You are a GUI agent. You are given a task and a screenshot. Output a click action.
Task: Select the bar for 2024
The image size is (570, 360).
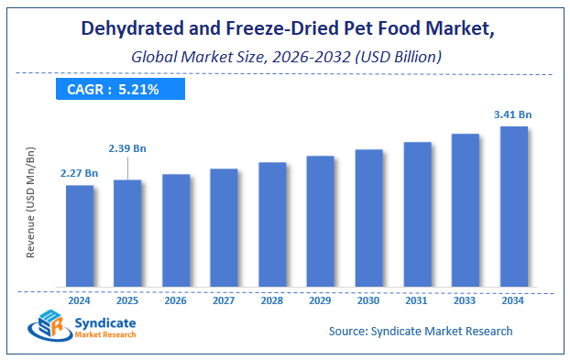click(x=80, y=235)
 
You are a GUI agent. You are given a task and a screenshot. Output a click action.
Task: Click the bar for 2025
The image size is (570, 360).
click(x=127, y=233)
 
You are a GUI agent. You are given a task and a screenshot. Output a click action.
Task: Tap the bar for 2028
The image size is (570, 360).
click(x=272, y=224)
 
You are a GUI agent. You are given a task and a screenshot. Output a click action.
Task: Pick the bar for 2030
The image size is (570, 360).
click(x=368, y=217)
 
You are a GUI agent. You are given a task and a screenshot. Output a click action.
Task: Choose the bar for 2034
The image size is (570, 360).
click(x=513, y=206)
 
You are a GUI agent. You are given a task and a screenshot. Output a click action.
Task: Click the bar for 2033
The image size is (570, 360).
click(x=465, y=210)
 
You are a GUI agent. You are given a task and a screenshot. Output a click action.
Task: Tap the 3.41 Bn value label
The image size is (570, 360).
click(x=513, y=115)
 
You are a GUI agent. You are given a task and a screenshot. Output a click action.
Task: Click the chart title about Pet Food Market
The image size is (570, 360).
click(x=284, y=27)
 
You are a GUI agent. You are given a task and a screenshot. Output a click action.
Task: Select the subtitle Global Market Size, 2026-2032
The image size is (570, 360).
click(x=284, y=57)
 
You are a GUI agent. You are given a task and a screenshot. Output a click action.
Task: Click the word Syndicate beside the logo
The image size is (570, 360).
click(x=111, y=322)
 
